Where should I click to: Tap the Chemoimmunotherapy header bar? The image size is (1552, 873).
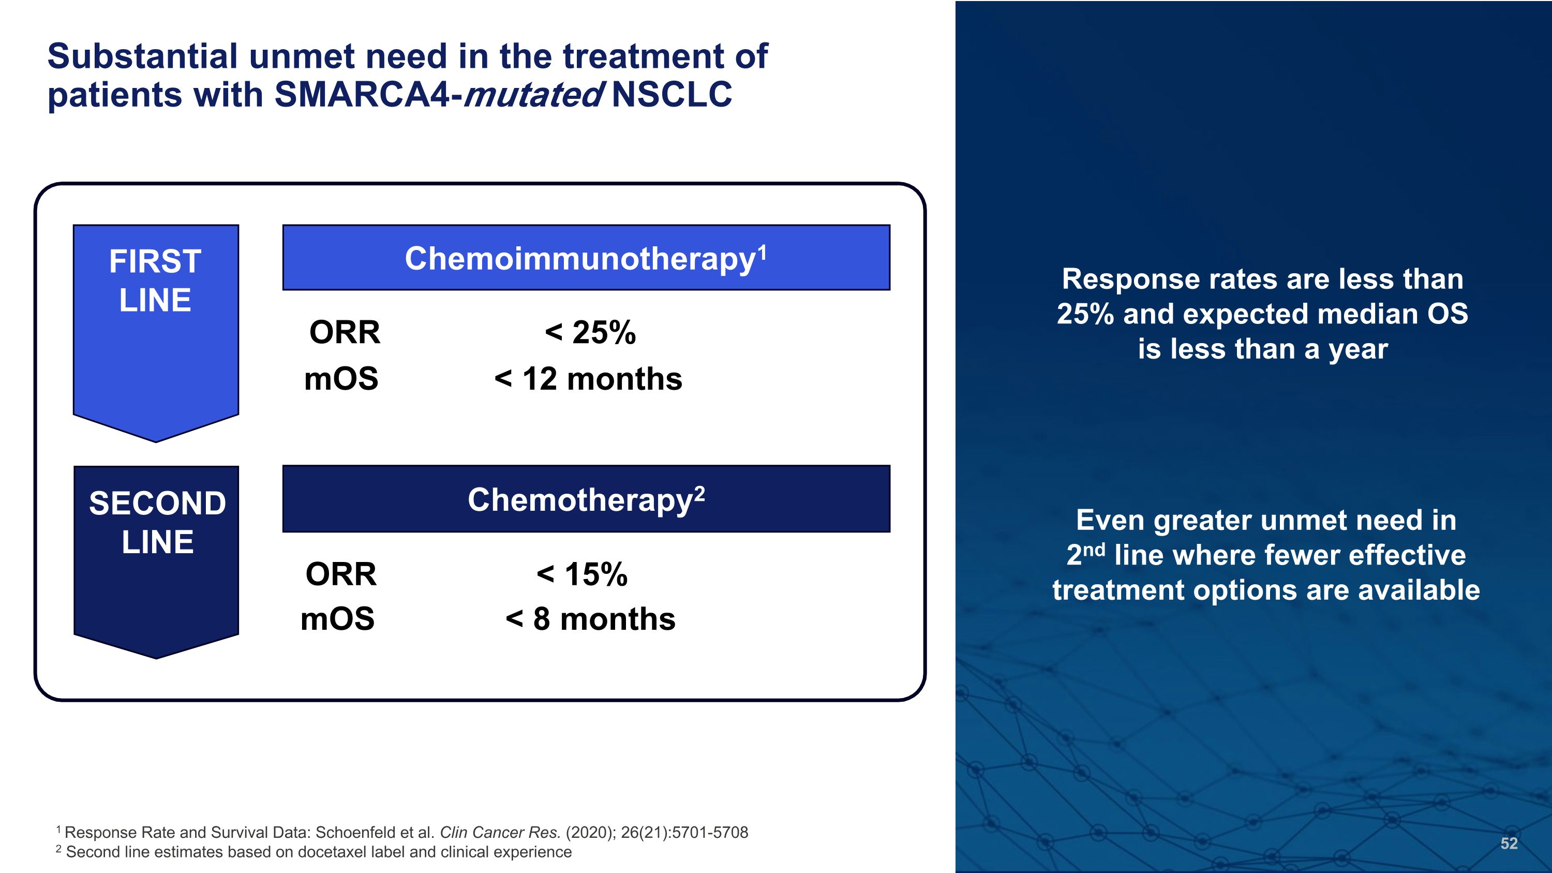(586, 258)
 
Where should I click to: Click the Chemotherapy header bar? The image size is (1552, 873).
(586, 499)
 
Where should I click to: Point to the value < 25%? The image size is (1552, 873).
(590, 332)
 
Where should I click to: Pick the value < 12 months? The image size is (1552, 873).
(588, 379)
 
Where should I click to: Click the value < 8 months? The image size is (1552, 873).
(590, 619)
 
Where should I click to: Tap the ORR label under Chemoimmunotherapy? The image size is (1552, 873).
(345, 332)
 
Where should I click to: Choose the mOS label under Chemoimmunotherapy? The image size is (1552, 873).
(341, 379)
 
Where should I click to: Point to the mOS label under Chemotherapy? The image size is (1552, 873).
(337, 619)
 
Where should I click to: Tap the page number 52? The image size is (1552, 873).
(1509, 844)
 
